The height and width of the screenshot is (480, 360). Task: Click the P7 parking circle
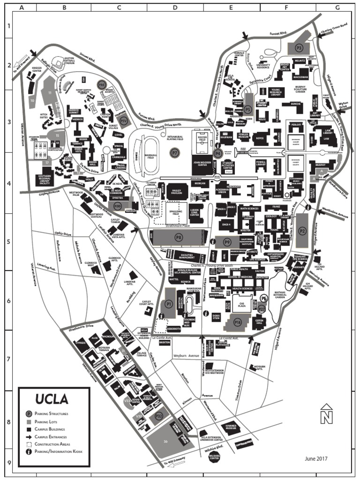[x=175, y=152]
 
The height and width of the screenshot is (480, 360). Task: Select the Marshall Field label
[x=151, y=156]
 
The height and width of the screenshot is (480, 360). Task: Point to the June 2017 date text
[x=316, y=458]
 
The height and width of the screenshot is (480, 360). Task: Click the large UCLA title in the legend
[x=52, y=399]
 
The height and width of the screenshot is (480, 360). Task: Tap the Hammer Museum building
[x=230, y=427]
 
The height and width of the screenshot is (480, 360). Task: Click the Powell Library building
[x=261, y=164]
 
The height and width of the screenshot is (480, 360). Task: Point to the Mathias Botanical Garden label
[x=280, y=294]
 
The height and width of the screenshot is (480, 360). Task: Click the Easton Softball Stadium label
[x=69, y=60]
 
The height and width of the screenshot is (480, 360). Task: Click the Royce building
[x=259, y=139]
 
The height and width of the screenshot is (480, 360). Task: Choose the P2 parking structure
[x=302, y=231]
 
